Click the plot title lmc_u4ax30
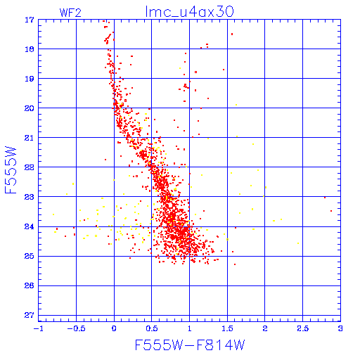click(x=189, y=11)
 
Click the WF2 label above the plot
click(x=70, y=13)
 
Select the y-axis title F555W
click(x=11, y=170)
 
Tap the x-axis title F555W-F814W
click(x=190, y=345)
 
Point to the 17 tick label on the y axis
click(x=30, y=20)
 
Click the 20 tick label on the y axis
click(x=30, y=108)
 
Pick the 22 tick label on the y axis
click(x=30, y=167)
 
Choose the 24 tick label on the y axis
click(x=30, y=226)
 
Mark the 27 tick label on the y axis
click(x=30, y=315)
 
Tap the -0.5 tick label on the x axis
click(x=73, y=328)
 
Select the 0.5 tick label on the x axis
click(x=152, y=328)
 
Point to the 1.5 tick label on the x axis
click(x=227, y=328)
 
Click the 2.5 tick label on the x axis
click(x=302, y=328)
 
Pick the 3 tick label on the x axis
click(x=340, y=328)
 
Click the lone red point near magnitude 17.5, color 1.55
click(x=232, y=34)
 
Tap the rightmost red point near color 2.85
click(x=331, y=211)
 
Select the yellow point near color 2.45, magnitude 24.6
click(x=298, y=243)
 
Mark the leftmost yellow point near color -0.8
click(x=53, y=214)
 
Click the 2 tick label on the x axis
click(x=265, y=328)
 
